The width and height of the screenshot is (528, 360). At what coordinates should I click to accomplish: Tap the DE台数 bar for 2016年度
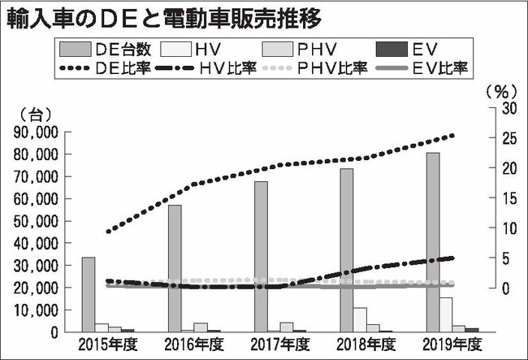(x=175, y=268)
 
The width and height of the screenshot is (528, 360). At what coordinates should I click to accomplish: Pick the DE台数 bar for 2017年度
(x=261, y=256)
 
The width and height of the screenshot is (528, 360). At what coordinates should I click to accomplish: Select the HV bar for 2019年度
(x=446, y=314)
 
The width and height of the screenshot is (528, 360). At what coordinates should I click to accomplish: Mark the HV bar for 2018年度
(x=360, y=319)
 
